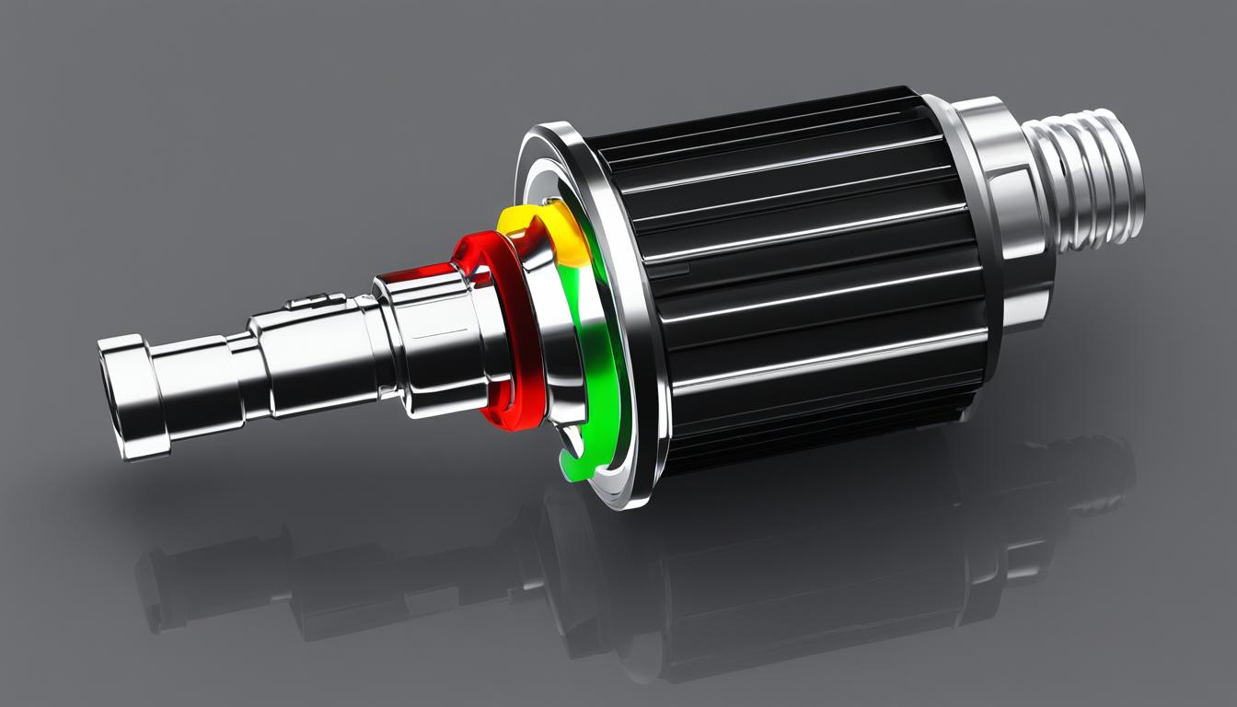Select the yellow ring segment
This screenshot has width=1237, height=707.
(x=543, y=230)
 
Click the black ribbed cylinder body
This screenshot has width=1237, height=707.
(x=801, y=276)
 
